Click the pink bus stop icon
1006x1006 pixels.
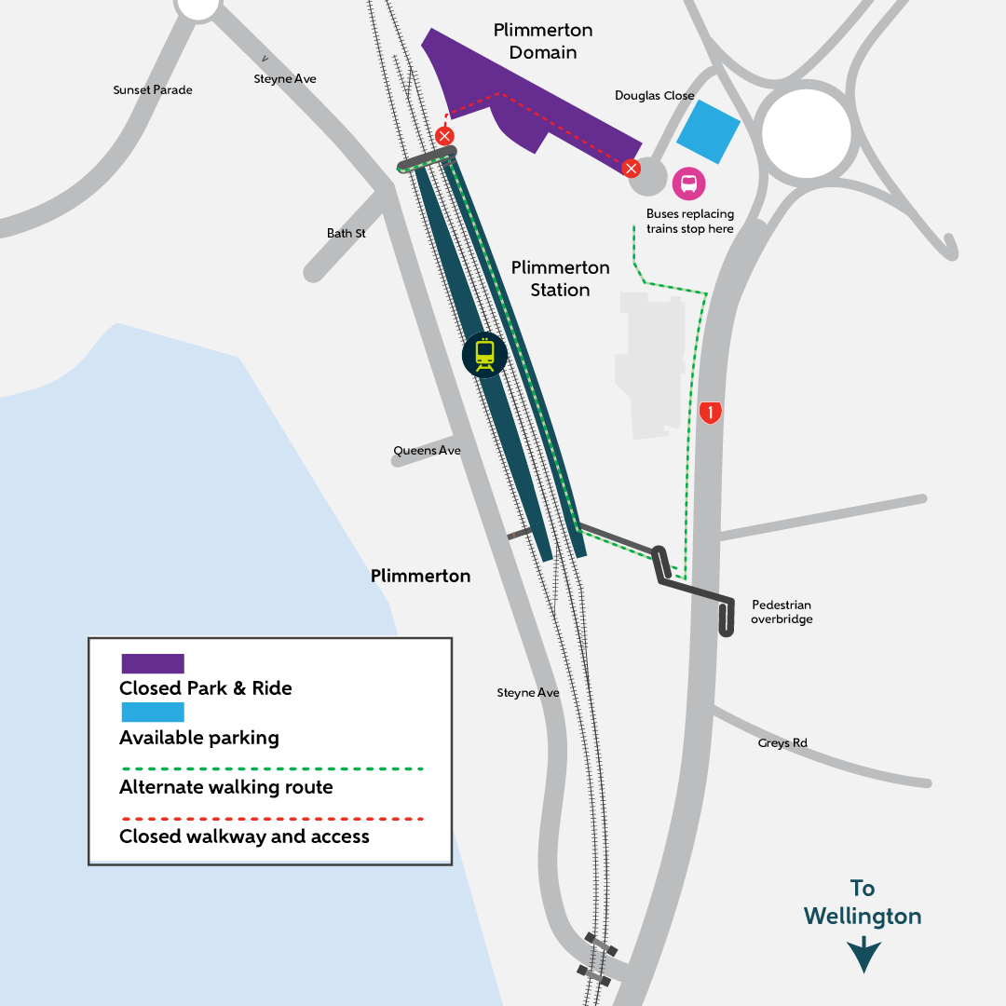tap(689, 184)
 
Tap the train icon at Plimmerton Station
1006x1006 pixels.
tap(484, 354)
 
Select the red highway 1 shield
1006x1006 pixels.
tap(711, 411)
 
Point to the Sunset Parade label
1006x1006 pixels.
tap(153, 90)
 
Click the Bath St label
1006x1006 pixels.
tap(347, 233)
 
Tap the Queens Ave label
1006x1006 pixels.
tap(427, 451)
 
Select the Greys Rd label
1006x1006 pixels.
tap(782, 743)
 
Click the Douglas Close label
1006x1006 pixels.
tap(655, 96)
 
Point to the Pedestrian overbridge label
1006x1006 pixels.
tap(782, 612)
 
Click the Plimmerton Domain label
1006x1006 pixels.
tap(543, 41)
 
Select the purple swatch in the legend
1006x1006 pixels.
tap(153, 663)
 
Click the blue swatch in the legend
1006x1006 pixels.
tap(153, 713)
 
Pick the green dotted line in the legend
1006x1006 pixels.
tap(272, 769)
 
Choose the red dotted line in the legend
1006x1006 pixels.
tap(272, 819)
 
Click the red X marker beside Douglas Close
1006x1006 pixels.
tap(632, 169)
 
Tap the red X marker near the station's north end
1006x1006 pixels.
tap(445, 137)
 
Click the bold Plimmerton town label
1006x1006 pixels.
tap(420, 576)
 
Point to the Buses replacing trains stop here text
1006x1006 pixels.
tap(690, 221)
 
